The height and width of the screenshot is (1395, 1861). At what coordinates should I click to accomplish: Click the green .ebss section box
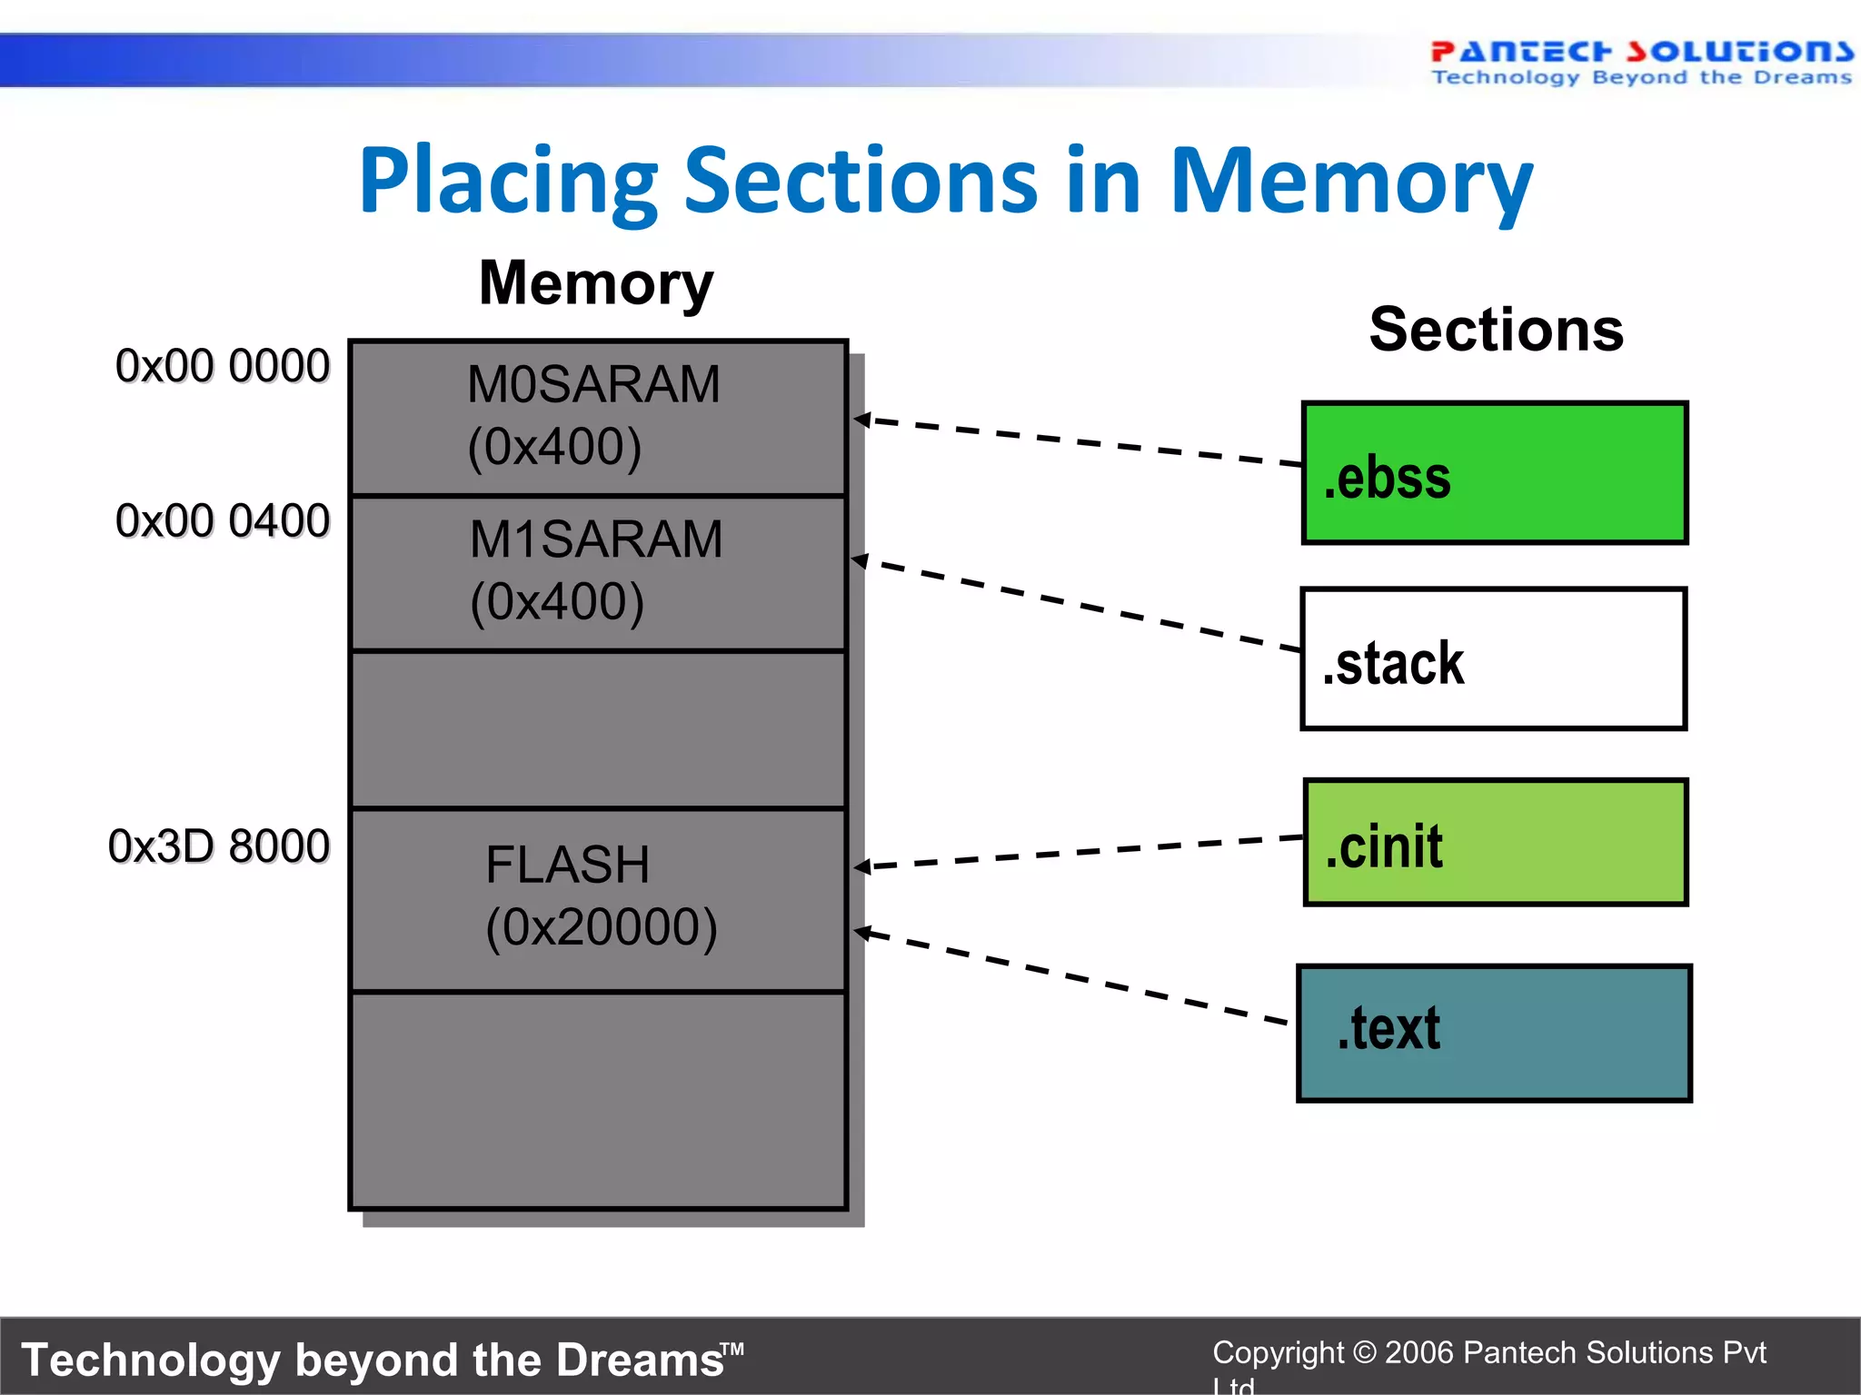click(x=1495, y=473)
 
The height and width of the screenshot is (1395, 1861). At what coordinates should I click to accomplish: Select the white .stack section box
click(x=1493, y=659)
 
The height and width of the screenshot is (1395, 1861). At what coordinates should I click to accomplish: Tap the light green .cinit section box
click(x=1496, y=842)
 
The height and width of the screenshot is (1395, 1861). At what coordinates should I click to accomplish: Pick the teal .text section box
click(x=1494, y=1034)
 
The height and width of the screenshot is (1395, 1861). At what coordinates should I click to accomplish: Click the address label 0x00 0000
click(x=222, y=366)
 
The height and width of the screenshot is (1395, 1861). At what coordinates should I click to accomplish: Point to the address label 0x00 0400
click(x=222, y=521)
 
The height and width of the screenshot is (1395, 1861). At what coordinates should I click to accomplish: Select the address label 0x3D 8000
click(x=218, y=846)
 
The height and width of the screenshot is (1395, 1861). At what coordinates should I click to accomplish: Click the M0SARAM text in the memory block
click(x=593, y=384)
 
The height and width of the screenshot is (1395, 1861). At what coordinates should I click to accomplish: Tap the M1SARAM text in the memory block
click(x=596, y=539)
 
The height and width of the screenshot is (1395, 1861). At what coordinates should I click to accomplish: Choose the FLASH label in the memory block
click(x=567, y=865)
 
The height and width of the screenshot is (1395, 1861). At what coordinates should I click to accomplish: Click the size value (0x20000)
click(x=602, y=927)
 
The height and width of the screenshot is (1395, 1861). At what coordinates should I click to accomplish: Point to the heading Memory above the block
click(x=596, y=283)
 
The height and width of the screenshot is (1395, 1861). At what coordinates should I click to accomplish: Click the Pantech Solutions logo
click(x=1641, y=62)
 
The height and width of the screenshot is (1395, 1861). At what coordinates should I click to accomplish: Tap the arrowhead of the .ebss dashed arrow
click(x=861, y=419)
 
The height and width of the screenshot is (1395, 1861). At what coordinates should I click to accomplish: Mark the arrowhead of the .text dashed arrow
click(x=862, y=932)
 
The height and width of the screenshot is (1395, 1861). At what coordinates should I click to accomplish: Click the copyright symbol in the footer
click(x=1364, y=1352)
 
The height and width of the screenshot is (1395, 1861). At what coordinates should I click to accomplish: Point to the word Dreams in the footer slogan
click(x=639, y=1360)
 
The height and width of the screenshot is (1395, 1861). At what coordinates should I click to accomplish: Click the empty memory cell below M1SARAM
click(x=598, y=729)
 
